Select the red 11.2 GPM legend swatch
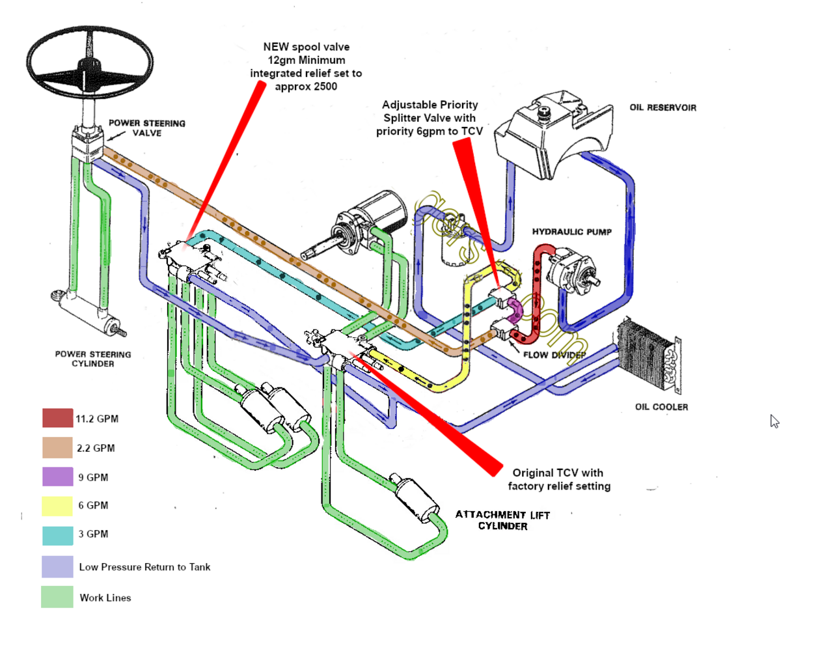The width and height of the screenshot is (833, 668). tap(57, 418)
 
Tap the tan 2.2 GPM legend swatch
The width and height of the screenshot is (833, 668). tap(57, 448)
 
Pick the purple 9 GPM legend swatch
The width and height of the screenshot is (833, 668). tap(57, 477)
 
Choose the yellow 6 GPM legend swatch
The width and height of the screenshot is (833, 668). tap(57, 506)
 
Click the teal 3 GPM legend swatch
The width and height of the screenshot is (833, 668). tap(57, 535)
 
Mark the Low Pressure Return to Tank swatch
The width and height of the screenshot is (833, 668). tap(57, 566)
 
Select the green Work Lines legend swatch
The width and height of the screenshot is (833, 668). tap(57, 597)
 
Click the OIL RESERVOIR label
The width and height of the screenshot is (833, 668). tap(662, 107)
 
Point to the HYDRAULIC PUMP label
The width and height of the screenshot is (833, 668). tap(571, 232)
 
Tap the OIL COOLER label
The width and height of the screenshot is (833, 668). tap(661, 407)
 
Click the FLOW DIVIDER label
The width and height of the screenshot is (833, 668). tap(554, 355)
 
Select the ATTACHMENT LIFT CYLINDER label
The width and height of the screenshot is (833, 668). tap(502, 520)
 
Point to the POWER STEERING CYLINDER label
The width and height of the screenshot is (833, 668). tap(93, 359)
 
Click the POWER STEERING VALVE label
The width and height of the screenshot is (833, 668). tap(146, 128)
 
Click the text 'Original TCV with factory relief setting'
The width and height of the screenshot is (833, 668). tap(559, 479)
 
